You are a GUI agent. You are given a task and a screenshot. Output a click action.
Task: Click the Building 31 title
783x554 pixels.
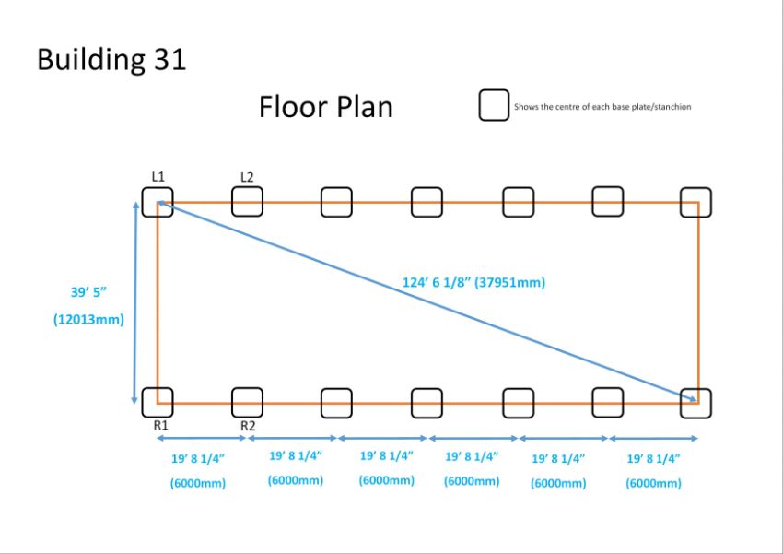pyautogui.click(x=111, y=59)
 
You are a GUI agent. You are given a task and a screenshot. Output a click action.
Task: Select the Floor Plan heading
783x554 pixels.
pyautogui.click(x=325, y=107)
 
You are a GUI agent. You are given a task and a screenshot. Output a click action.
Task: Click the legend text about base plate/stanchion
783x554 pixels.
pyautogui.click(x=602, y=106)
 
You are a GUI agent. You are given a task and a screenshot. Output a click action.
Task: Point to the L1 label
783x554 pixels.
pyautogui.click(x=158, y=176)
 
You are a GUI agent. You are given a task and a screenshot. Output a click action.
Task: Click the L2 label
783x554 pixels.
pyautogui.click(x=247, y=177)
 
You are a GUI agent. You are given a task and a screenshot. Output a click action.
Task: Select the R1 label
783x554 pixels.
pyautogui.click(x=161, y=425)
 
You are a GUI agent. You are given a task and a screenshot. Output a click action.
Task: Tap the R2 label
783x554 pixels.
pyautogui.click(x=248, y=426)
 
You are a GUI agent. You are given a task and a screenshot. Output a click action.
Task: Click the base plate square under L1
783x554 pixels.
pyautogui.click(x=143, y=202)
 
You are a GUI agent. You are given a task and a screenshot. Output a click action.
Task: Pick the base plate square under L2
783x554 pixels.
pyautogui.click(x=233, y=201)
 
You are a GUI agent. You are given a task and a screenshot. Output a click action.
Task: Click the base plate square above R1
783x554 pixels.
pyautogui.click(x=143, y=403)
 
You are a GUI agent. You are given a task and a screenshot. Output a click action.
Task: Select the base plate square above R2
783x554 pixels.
pyautogui.click(x=233, y=403)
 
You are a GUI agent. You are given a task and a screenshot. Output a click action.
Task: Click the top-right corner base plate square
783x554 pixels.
pyautogui.click(x=681, y=202)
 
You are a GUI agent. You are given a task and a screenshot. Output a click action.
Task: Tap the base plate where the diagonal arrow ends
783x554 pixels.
pyautogui.click(x=681, y=404)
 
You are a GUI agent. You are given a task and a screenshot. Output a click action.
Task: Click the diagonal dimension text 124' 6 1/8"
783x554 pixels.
pyautogui.click(x=435, y=282)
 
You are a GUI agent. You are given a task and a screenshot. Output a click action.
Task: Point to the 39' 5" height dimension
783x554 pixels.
pyautogui.click(x=88, y=291)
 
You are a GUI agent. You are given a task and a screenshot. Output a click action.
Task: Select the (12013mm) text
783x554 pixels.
pyautogui.click(x=88, y=319)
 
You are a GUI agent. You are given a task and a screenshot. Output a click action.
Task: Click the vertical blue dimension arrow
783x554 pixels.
pyautogui.click(x=134, y=302)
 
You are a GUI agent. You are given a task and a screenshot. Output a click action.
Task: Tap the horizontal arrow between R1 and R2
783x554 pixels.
pyautogui.click(x=202, y=438)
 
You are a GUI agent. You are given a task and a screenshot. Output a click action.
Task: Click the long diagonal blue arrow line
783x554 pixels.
pyautogui.click(x=427, y=301)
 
